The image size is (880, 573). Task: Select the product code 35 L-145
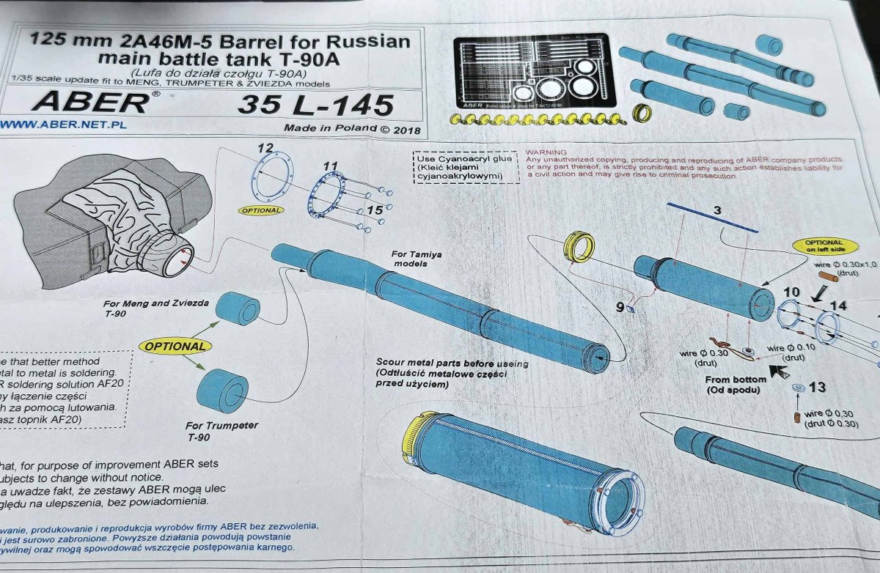(x=315, y=106)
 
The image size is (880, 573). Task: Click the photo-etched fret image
(x=534, y=72)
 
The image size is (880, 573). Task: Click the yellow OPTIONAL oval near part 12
(x=260, y=210)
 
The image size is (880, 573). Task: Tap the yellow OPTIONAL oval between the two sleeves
(x=175, y=346)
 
